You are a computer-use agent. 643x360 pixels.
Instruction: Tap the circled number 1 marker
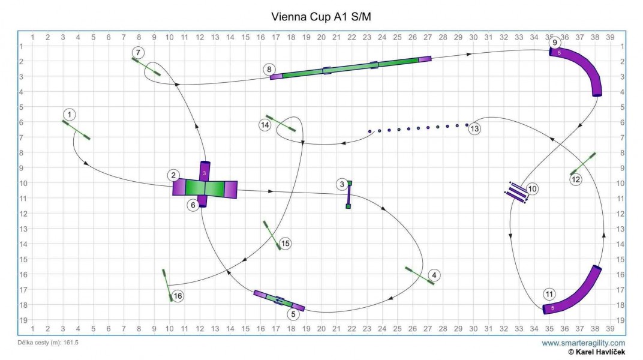(x=71, y=114)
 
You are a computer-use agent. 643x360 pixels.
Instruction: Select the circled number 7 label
(x=139, y=52)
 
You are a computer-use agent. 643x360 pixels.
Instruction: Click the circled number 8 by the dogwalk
(x=269, y=70)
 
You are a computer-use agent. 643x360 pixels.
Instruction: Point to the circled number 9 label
(x=555, y=43)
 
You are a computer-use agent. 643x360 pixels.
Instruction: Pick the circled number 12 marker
(x=576, y=179)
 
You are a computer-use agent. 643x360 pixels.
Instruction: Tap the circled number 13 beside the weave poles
(x=474, y=128)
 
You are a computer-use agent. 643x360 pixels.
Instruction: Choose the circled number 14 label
(x=265, y=125)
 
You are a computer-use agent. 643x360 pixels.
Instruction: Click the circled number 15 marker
(x=286, y=244)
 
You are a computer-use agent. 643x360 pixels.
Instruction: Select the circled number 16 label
(x=178, y=296)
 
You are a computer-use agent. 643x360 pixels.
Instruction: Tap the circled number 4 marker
(x=435, y=275)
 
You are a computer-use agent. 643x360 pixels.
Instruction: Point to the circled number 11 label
(x=549, y=294)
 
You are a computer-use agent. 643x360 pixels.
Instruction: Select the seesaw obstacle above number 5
(x=279, y=300)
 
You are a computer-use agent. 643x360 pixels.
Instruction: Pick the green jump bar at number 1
(x=76, y=130)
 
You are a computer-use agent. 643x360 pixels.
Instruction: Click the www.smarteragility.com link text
(x=584, y=343)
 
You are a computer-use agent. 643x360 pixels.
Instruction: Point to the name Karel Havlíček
(x=599, y=352)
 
